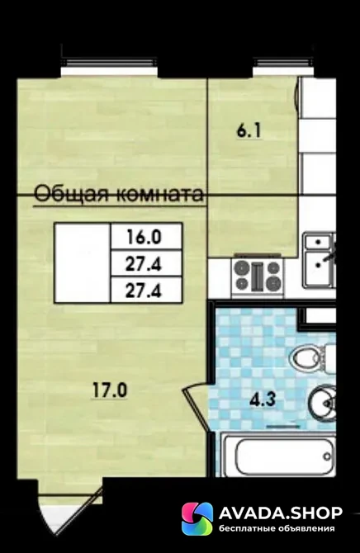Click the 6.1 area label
point(249,131)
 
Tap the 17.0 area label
point(110,390)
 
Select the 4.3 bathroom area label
point(263,400)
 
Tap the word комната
point(160,194)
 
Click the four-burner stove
point(258,276)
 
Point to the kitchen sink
point(320,260)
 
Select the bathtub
point(280,456)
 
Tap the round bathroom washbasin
point(323,403)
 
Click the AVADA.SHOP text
point(281,513)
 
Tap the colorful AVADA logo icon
point(197,519)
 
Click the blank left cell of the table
point(83,262)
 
